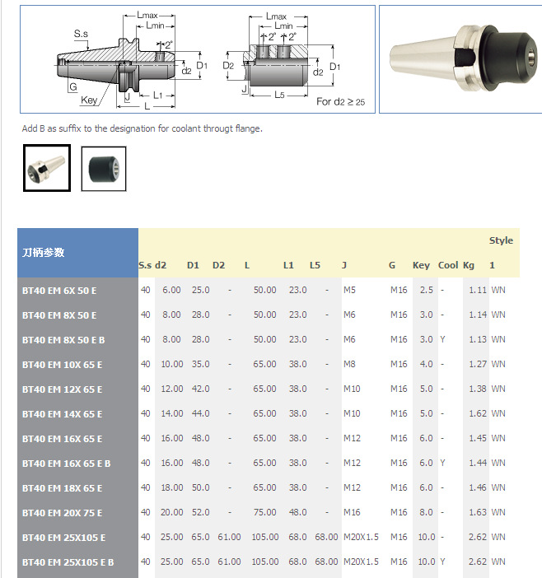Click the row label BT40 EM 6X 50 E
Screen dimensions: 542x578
(x=59, y=291)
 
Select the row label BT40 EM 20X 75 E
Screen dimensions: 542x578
(x=62, y=513)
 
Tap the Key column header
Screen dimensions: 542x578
(x=421, y=265)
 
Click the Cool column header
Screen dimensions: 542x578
(x=448, y=265)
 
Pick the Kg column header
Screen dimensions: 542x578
(x=469, y=265)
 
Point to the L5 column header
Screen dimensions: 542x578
(x=315, y=265)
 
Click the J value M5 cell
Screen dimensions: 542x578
(x=349, y=290)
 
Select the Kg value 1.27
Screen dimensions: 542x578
(x=478, y=364)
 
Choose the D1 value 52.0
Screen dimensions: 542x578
(x=200, y=512)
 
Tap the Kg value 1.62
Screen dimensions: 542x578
(x=478, y=413)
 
